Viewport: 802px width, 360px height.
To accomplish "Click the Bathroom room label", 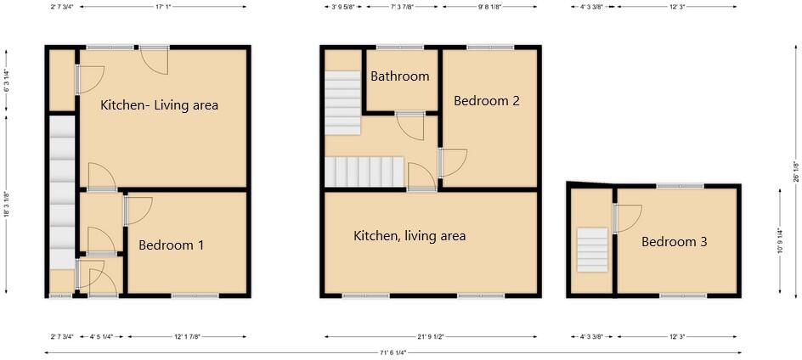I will tap(399, 76).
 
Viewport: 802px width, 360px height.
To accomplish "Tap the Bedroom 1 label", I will tap(171, 245).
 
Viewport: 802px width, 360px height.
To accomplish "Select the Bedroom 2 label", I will tap(486, 100).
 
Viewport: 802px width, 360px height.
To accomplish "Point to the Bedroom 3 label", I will tap(674, 242).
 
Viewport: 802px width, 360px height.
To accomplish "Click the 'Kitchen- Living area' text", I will tap(159, 105).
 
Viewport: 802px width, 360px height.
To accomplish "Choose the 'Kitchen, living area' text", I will tap(409, 235).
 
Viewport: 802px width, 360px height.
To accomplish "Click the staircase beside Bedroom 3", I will tap(592, 250).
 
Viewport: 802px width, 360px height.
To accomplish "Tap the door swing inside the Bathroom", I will tap(412, 127).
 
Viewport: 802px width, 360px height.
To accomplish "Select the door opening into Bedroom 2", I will tap(452, 162).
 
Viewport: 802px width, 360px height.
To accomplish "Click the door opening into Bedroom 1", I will tap(138, 210).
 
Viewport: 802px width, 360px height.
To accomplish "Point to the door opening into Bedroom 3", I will tap(627, 217).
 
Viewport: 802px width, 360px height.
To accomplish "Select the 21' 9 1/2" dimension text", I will tap(431, 337).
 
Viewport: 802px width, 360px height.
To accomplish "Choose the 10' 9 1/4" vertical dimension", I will tap(780, 241).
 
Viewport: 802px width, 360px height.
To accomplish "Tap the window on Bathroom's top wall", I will tap(399, 48).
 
